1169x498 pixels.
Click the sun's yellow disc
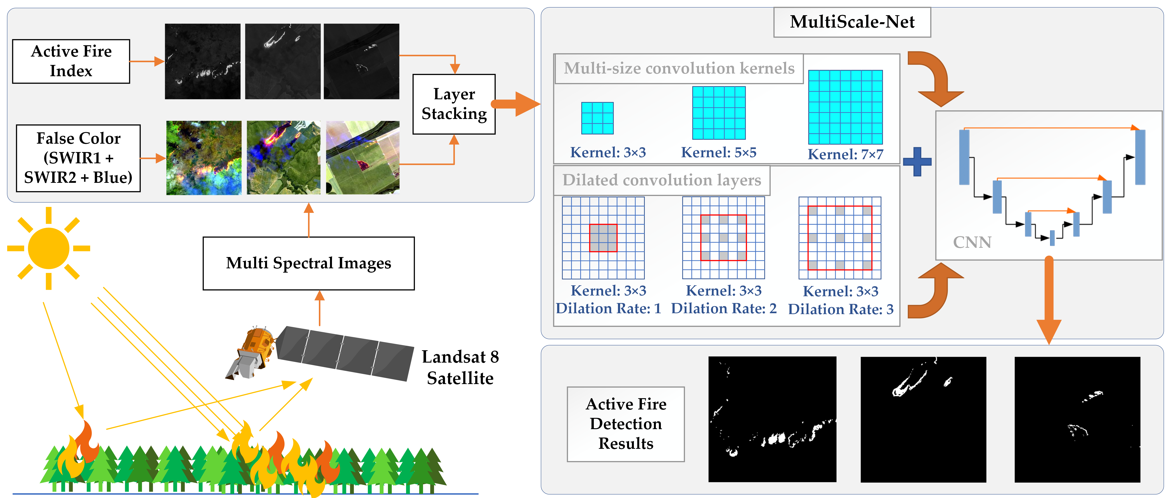pyautogui.click(x=48, y=248)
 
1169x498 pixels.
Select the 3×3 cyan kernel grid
pyautogui.click(x=597, y=118)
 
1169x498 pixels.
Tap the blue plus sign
pyautogui.click(x=917, y=162)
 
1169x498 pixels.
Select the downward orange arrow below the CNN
pyautogui.click(x=1048, y=300)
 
